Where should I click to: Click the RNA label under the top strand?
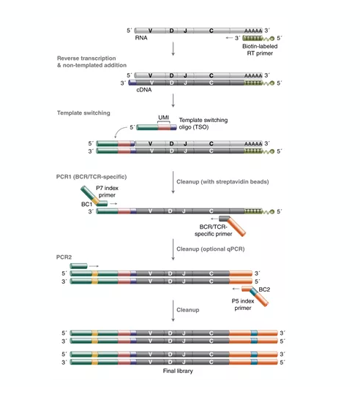coord(141,38)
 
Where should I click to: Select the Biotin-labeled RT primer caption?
coord(260,50)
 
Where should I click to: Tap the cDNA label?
coord(144,90)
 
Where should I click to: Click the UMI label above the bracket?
coord(163,118)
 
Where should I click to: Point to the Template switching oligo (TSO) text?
coord(203,124)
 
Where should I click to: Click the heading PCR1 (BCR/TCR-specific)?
coord(91,177)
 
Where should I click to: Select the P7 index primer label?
coord(107,192)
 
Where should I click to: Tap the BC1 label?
coord(86,204)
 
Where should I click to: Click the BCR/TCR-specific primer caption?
coord(214,230)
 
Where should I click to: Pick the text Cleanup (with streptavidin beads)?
coord(222,182)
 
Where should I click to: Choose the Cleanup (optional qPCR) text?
coord(211,249)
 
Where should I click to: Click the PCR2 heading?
coord(64,257)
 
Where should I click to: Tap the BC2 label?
coord(264,289)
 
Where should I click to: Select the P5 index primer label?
coord(243,304)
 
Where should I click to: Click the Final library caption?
coord(178,371)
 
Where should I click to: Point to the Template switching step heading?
coord(83,113)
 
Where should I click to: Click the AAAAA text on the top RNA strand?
coord(253,31)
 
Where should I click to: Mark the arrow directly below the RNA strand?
coord(173,49)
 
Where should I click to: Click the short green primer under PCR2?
coord(78,266)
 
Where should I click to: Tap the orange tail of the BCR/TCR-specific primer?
coord(236,227)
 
